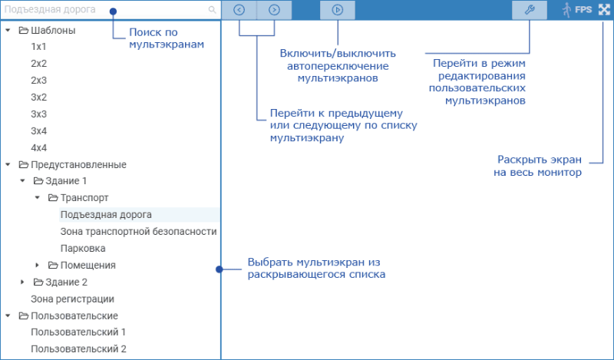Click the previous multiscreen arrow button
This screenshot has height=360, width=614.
[239, 10]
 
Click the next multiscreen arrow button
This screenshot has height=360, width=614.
[274, 10]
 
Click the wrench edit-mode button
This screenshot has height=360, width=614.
[530, 10]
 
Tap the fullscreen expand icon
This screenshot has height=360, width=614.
[604, 10]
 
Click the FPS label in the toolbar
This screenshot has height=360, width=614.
[583, 9]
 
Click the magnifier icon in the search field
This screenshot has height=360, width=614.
[212, 10]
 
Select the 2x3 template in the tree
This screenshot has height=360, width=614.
[39, 81]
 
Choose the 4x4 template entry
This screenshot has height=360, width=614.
[39, 147]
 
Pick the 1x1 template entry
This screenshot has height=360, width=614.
[38, 47]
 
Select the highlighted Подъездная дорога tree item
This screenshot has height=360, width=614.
[106, 215]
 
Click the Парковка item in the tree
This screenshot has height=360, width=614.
[83, 249]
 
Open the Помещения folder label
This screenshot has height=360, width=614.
[87, 265]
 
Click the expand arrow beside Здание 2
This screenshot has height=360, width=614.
[22, 282]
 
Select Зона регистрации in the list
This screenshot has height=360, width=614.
[72, 299]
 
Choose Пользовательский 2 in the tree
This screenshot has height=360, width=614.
[79, 348]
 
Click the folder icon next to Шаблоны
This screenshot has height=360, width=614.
[24, 30]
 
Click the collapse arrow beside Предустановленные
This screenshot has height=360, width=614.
[8, 164]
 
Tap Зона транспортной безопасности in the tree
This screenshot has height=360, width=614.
[139, 232]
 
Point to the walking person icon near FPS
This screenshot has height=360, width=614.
[566, 10]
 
